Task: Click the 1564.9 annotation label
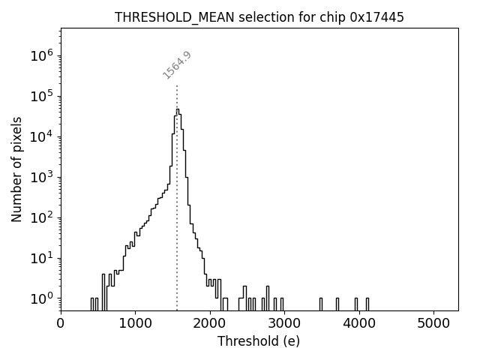click(x=177, y=65)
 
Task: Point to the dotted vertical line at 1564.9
click(x=177, y=225)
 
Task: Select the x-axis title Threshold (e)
click(x=259, y=341)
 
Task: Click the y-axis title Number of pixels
click(x=17, y=169)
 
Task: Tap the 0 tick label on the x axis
click(x=61, y=323)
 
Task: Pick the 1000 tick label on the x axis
click(x=135, y=323)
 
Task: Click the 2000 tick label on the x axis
click(x=210, y=323)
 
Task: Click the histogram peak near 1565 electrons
click(x=178, y=110)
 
